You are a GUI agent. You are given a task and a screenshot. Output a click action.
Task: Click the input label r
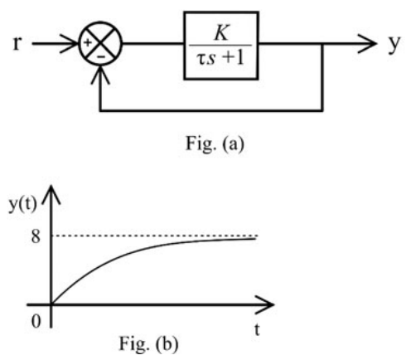[x=17, y=43]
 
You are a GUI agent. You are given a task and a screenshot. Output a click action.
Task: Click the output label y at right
[x=394, y=44]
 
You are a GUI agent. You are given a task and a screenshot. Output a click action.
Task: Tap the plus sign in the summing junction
[x=88, y=42]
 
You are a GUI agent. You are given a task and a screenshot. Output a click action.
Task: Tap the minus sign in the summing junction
[x=101, y=57]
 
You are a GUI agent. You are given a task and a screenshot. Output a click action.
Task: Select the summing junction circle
[x=100, y=22]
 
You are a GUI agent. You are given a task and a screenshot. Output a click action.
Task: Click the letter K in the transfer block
[x=221, y=33]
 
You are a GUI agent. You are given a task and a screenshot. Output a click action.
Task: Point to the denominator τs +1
[x=220, y=58]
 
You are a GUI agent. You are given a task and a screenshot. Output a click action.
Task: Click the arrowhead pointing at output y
[x=367, y=43]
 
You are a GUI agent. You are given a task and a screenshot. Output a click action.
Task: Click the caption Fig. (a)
[x=215, y=144]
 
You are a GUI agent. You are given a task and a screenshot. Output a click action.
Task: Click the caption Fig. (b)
[x=148, y=343]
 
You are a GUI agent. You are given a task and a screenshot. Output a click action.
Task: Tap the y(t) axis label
[x=22, y=205]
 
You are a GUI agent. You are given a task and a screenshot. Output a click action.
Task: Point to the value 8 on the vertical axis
[x=36, y=236]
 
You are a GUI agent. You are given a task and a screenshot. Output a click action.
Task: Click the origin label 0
[x=36, y=321]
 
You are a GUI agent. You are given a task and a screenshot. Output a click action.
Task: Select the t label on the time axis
[x=257, y=329]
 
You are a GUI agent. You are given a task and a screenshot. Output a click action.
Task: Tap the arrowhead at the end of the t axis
[x=264, y=304]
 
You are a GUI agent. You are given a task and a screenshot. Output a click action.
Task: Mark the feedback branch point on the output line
[x=322, y=43]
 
